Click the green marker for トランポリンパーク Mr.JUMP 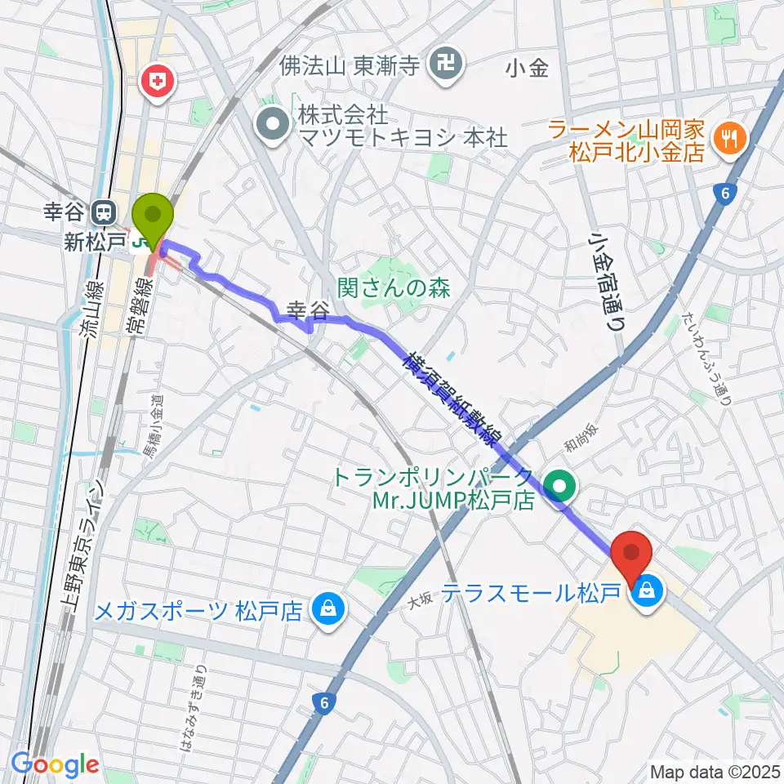click(x=560, y=488)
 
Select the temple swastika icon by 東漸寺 click(x=446, y=64)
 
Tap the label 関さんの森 click(x=394, y=287)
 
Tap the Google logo click(x=56, y=764)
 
